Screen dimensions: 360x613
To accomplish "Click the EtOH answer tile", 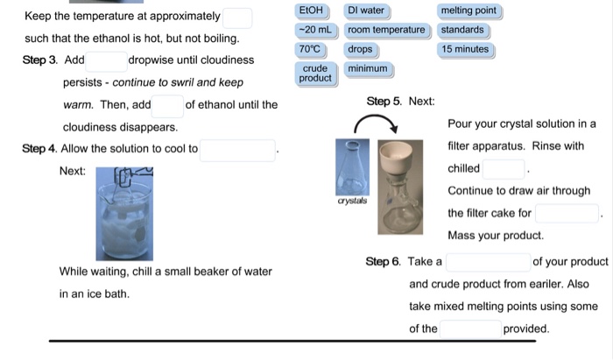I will click(311, 11).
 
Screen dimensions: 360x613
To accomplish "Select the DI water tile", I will click(366, 11).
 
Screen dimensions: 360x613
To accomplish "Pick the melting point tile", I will click(469, 11).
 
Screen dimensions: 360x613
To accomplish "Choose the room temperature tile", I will click(386, 30).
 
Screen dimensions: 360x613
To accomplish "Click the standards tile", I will click(462, 30).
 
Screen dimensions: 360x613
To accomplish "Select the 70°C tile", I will click(311, 49).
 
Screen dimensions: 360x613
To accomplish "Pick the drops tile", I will click(360, 49).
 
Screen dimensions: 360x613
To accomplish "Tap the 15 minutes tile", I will click(466, 49).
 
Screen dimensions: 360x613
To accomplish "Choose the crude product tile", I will click(315, 73).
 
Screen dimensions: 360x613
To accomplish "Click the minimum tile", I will click(368, 68).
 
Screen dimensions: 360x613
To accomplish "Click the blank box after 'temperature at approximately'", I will click(237, 18).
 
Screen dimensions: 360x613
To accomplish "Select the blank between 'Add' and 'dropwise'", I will click(106, 61).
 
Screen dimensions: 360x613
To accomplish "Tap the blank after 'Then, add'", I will click(167, 106).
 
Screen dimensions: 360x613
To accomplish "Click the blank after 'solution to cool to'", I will click(238, 150).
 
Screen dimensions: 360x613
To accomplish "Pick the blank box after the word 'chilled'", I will click(504, 168).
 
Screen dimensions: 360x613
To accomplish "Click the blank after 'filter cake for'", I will click(567, 213).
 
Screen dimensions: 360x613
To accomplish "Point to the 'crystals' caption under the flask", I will click(353, 201).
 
